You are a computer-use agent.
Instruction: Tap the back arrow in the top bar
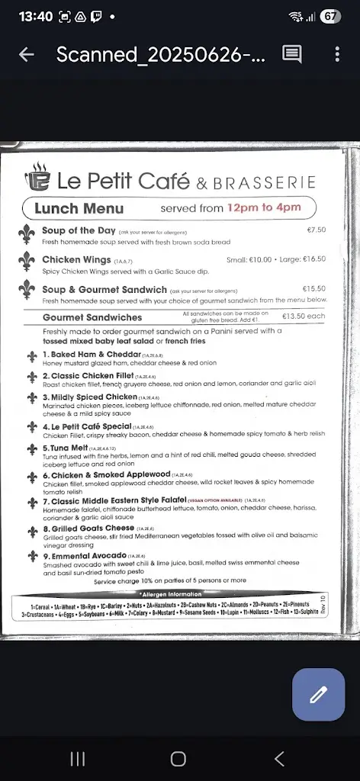tap(27, 54)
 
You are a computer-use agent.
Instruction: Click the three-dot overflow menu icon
tap(337, 54)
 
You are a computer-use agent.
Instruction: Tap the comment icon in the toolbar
tap(291, 53)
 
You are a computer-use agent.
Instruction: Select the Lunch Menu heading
tap(79, 207)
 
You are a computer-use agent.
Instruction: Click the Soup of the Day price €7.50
tap(316, 230)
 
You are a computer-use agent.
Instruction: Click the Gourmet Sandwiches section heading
tap(92, 317)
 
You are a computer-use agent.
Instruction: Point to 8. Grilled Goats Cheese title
tap(88, 528)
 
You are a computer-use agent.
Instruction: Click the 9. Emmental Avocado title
tap(84, 555)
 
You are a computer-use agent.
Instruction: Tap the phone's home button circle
tap(178, 758)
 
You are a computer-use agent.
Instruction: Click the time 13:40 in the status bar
tap(35, 16)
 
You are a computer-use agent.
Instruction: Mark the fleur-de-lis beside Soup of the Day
tap(28, 234)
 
